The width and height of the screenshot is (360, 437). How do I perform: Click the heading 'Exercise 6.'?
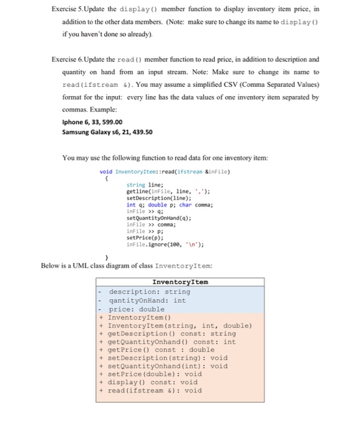click(x=73, y=59)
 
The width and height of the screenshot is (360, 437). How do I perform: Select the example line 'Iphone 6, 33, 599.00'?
click(x=92, y=122)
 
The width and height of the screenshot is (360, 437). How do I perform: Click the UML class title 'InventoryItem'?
click(x=180, y=282)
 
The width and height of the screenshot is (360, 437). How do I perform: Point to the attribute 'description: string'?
click(x=149, y=292)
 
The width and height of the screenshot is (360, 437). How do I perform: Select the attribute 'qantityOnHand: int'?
click(x=147, y=300)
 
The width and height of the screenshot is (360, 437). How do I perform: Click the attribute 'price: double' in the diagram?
click(x=137, y=309)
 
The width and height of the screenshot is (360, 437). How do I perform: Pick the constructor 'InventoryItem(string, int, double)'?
click(x=180, y=325)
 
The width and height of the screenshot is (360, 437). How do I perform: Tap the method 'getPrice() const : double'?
click(x=161, y=350)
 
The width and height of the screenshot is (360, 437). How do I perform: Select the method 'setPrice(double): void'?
click(x=155, y=374)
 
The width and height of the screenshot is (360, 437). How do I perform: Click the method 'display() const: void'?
click(x=152, y=382)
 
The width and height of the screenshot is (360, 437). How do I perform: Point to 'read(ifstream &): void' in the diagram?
click(x=155, y=390)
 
